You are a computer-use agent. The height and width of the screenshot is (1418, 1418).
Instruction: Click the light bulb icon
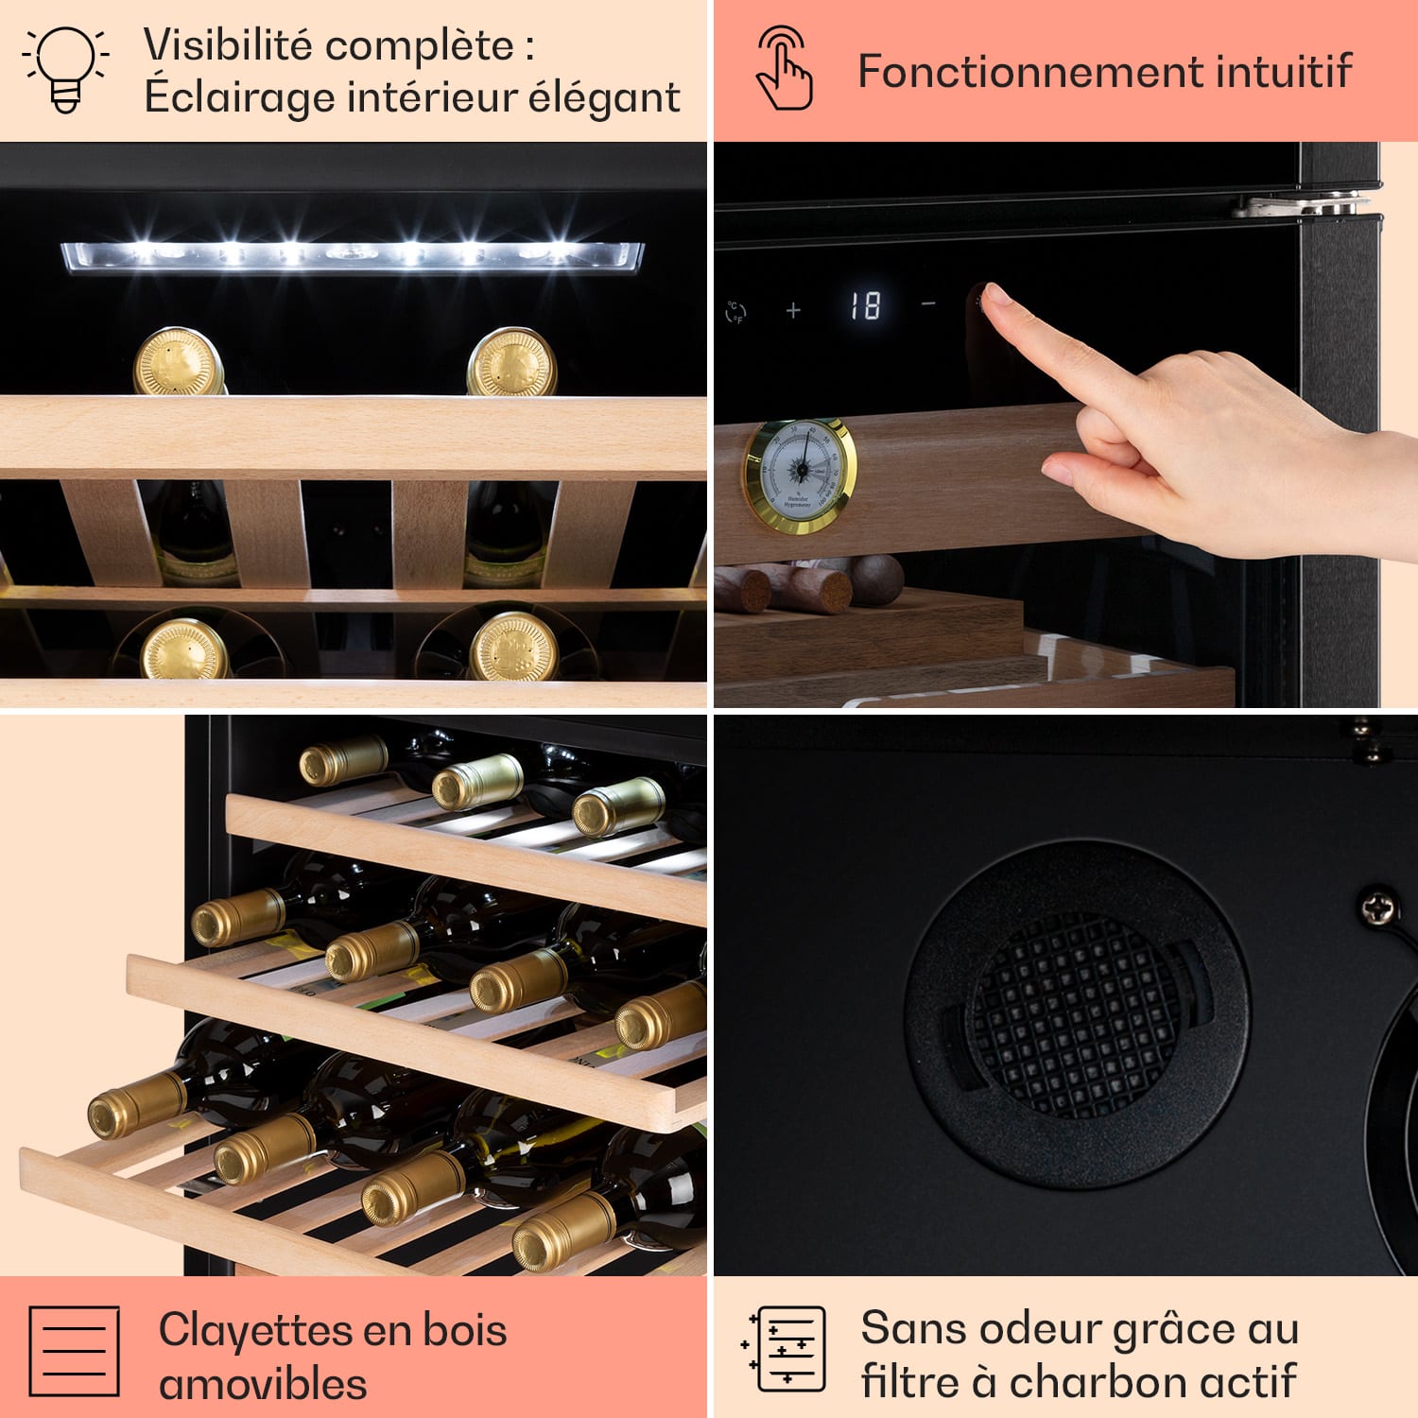click(65, 68)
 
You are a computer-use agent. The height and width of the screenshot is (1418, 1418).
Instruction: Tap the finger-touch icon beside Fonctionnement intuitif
click(785, 69)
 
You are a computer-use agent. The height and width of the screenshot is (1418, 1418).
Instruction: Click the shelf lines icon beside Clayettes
click(74, 1351)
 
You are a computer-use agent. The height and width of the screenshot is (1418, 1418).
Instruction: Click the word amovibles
click(263, 1384)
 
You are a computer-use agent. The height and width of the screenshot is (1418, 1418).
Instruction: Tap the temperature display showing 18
click(864, 306)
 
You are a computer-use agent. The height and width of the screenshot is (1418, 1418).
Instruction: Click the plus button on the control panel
click(793, 309)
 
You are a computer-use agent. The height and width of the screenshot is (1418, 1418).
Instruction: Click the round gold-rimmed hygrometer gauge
click(801, 476)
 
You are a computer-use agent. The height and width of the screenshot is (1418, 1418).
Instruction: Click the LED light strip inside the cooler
click(352, 255)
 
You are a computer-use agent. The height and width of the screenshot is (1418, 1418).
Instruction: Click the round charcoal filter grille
click(1075, 1014)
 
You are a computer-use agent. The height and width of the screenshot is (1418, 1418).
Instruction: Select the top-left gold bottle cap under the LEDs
click(178, 362)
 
